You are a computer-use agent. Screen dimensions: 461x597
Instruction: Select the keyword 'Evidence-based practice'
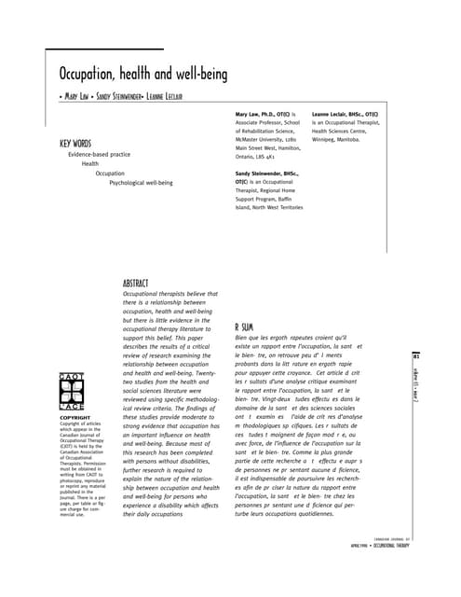(x=98, y=154)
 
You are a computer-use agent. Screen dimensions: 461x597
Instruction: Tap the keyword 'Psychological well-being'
(x=141, y=183)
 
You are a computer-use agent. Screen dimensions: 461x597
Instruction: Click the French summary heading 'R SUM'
(x=244, y=327)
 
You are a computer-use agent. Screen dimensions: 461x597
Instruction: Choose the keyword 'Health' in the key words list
(x=89, y=163)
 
